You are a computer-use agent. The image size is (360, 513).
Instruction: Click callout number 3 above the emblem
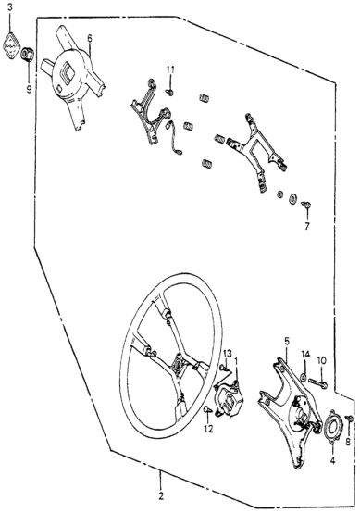[x=10, y=7]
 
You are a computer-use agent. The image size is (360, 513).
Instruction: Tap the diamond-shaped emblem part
[x=11, y=46]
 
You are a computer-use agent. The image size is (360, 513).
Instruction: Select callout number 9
[x=29, y=89]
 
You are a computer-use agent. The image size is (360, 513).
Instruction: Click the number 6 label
[x=90, y=38]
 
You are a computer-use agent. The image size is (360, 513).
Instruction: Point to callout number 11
[x=170, y=69]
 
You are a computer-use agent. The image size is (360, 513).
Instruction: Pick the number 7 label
[x=306, y=226]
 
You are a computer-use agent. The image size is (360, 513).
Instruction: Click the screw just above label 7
[x=306, y=206]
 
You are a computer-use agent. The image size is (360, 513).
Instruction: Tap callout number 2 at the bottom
[x=160, y=496]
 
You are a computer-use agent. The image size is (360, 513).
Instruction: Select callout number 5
[x=287, y=342]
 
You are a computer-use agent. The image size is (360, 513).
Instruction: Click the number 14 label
[x=305, y=354]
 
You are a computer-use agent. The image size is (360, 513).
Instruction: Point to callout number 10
[x=321, y=360]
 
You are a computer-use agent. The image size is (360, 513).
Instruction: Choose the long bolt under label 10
[x=317, y=382]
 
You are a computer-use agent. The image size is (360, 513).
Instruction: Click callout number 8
[x=348, y=442]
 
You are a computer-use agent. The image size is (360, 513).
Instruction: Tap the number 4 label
[x=332, y=460]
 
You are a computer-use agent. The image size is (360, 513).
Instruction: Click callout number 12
[x=208, y=429]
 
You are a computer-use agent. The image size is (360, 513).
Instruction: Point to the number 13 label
[x=228, y=354]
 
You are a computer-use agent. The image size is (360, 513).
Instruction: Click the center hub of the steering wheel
[x=179, y=364]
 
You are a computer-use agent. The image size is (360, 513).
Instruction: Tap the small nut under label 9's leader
[x=28, y=54]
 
